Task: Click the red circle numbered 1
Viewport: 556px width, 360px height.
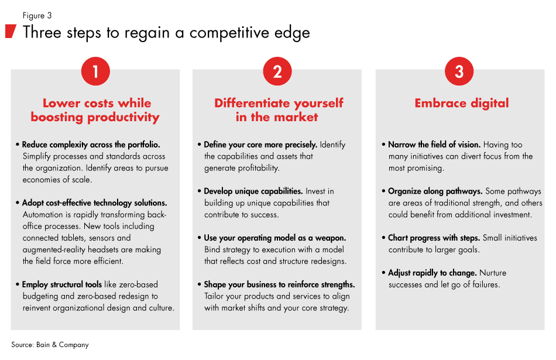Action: [x=95, y=71]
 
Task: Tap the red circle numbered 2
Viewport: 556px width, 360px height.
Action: [x=277, y=71]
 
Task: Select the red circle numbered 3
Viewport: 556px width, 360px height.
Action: [x=459, y=71]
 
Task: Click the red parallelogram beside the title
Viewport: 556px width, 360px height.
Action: [x=11, y=31]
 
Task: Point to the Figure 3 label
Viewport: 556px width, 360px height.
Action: [x=37, y=16]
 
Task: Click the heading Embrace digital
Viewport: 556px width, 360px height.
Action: [x=462, y=103]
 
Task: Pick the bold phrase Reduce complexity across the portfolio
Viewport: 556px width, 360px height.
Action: [x=91, y=145]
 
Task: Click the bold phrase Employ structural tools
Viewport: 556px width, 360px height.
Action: [x=61, y=284]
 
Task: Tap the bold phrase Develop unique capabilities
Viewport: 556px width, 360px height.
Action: [x=253, y=191]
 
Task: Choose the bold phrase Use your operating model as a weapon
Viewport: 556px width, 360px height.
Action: [x=275, y=238]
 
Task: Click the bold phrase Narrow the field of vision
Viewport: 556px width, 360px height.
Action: [x=434, y=145]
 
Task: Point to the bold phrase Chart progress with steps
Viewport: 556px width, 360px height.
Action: [x=434, y=238]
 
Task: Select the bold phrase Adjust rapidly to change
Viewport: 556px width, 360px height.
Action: [x=433, y=273]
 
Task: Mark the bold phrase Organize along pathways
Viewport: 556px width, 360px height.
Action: [x=435, y=191]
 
